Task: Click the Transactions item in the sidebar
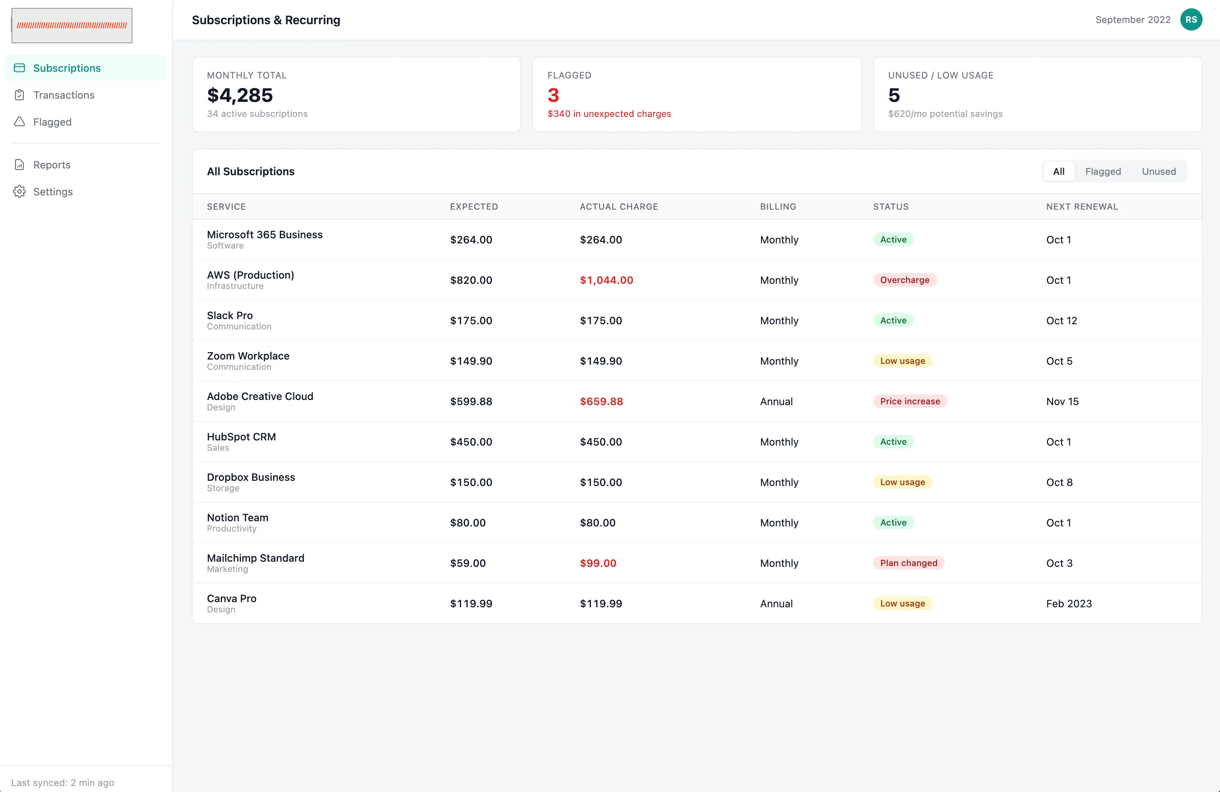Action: [x=63, y=95]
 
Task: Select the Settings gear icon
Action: [x=19, y=192]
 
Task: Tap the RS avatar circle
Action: [x=1191, y=19]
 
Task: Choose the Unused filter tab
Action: [x=1159, y=171]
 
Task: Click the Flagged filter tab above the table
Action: [x=1103, y=171]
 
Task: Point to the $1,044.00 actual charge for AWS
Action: [x=606, y=280]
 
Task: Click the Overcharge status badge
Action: [x=904, y=280]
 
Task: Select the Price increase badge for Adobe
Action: [x=910, y=402]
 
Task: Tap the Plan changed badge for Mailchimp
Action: [x=908, y=563]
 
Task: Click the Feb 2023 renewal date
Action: [x=1069, y=603]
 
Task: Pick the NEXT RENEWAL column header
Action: [x=1082, y=207]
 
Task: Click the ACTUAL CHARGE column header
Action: [x=619, y=207]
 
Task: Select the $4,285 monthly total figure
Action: [x=240, y=96]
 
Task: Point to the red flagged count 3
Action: [x=553, y=96]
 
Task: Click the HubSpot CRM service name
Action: [x=241, y=437]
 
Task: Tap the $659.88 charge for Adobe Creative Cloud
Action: [x=601, y=402]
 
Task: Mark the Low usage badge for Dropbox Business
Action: [x=902, y=482]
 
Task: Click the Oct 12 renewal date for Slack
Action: [x=1061, y=320]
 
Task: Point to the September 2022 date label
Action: [x=1133, y=19]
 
